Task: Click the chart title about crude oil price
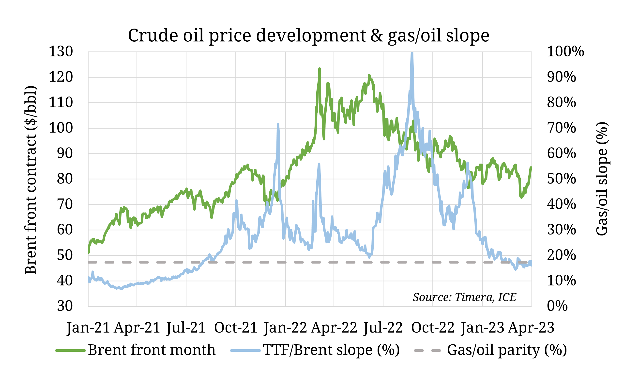coord(308,35)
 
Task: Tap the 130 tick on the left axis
coord(61,51)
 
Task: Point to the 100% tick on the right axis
coord(565,51)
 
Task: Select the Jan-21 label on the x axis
coord(88,328)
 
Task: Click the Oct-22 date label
coord(433,328)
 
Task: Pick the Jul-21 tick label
coord(186,328)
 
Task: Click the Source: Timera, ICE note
coord(464,297)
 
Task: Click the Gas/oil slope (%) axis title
coord(602,179)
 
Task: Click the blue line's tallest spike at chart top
coord(412,53)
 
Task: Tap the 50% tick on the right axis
coord(561,179)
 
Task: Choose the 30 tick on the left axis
coord(65,306)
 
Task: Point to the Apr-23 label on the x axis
coord(531,328)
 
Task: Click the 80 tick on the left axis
coord(65,179)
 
